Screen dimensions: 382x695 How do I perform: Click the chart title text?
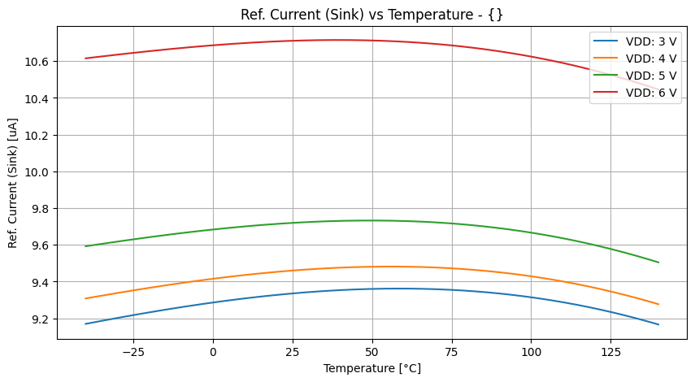pos(371,15)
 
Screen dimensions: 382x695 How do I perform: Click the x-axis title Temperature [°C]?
pos(371,368)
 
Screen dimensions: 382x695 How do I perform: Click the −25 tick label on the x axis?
pos(133,352)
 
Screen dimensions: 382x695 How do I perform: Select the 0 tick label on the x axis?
pos(213,352)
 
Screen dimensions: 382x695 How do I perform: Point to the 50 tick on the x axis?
pos(372,352)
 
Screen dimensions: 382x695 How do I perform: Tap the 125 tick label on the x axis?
pos(610,352)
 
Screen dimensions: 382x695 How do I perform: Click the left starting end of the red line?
pos(86,58)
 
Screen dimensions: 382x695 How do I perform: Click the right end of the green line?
pos(658,262)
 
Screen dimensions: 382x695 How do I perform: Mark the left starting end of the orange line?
pos(86,298)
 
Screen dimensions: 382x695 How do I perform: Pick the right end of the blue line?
pos(658,324)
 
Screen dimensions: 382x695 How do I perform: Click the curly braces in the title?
pos(497,15)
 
